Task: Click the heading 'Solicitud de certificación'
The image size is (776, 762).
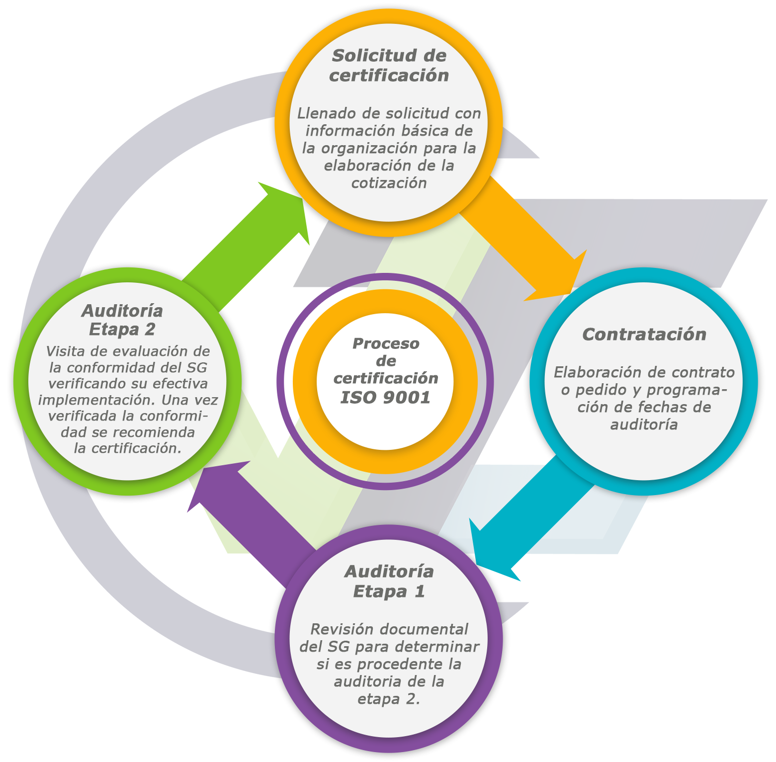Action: tap(389, 65)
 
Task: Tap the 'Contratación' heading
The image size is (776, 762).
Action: tap(644, 335)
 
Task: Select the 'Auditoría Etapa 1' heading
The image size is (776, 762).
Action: tap(389, 582)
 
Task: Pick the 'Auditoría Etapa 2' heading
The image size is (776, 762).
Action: tap(122, 320)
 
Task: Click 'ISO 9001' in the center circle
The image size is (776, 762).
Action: tap(385, 398)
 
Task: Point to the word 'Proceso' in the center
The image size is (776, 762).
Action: tap(386, 343)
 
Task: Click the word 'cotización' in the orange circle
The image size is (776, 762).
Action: tap(389, 183)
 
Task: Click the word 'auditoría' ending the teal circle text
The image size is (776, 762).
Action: tap(644, 424)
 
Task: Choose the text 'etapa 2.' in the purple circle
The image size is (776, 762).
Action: tap(389, 699)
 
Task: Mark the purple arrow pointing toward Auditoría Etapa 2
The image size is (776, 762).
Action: tap(249, 507)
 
